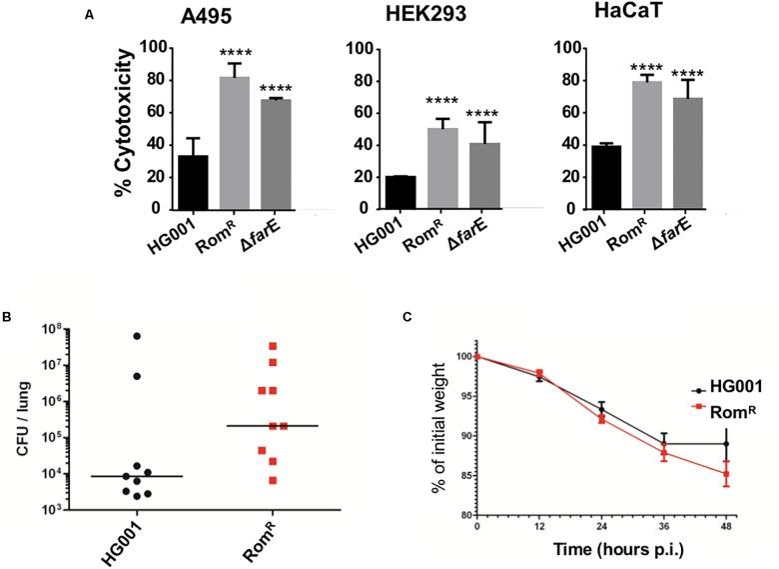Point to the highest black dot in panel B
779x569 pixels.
(137, 336)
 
